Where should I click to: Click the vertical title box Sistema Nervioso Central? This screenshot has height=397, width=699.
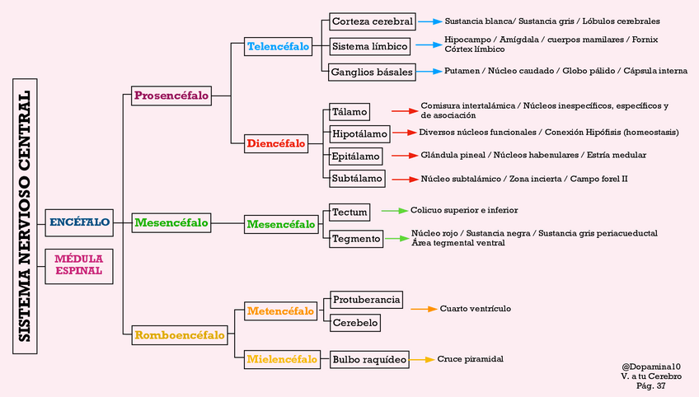[x=25, y=217]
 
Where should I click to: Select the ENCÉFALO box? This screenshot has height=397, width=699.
[x=79, y=222]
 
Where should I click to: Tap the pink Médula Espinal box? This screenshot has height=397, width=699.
[x=79, y=265]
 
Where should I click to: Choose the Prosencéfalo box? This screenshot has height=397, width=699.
[x=171, y=96]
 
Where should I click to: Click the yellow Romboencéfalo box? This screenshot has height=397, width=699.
[x=180, y=334]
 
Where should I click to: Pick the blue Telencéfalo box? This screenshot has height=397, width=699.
[x=278, y=47]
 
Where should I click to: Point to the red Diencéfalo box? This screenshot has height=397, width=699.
[x=276, y=143]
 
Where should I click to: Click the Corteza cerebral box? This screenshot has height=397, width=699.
[x=372, y=21]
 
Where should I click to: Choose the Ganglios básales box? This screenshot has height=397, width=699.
[x=372, y=72]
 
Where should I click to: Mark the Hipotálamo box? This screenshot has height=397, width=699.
[x=359, y=133]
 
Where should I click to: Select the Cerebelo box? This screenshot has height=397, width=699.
[x=355, y=324]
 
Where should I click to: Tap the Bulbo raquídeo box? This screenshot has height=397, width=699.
[x=369, y=359]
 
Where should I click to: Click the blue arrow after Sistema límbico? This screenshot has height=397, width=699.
[x=428, y=45]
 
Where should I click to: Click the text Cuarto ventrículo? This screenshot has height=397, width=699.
[x=475, y=309]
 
